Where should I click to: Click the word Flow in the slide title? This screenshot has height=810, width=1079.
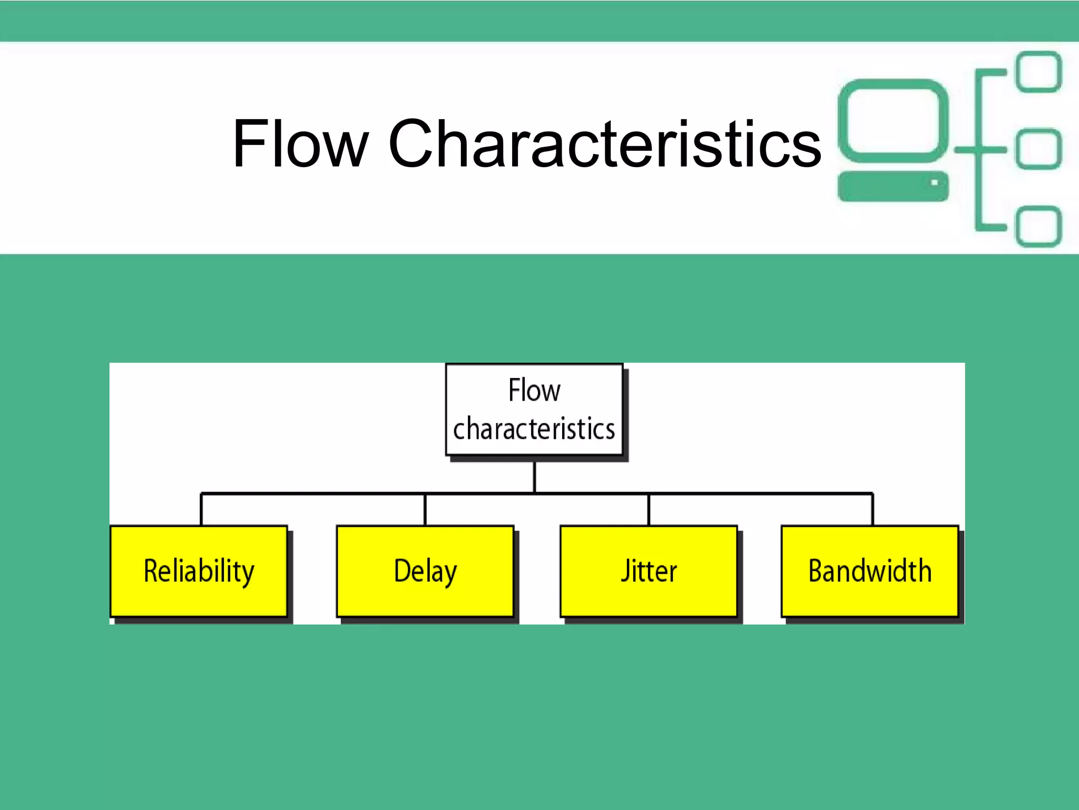click(300, 143)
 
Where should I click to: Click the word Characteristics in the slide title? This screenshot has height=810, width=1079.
click(604, 143)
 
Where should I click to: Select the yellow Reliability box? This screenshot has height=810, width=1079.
click(199, 571)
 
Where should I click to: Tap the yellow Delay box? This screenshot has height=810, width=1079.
click(425, 571)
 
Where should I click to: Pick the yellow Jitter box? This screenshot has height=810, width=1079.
click(649, 571)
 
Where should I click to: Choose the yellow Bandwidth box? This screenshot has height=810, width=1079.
click(869, 571)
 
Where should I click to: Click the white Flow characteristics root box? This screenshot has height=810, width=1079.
click(534, 409)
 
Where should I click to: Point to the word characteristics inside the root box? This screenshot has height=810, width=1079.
click(534, 428)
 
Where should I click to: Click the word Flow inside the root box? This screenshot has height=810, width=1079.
click(534, 390)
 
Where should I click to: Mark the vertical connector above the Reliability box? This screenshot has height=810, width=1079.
click(201, 509)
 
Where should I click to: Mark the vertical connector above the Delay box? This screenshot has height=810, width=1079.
click(425, 509)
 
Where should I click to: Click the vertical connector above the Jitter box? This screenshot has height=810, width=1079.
click(649, 509)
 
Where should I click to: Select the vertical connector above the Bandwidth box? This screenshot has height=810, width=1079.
click(872, 509)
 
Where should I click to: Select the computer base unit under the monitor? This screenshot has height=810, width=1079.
click(885, 187)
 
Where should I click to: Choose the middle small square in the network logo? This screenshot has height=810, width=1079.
click(1038, 149)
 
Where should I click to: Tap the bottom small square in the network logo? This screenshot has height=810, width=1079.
click(1038, 226)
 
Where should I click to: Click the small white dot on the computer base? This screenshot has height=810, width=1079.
click(934, 182)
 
